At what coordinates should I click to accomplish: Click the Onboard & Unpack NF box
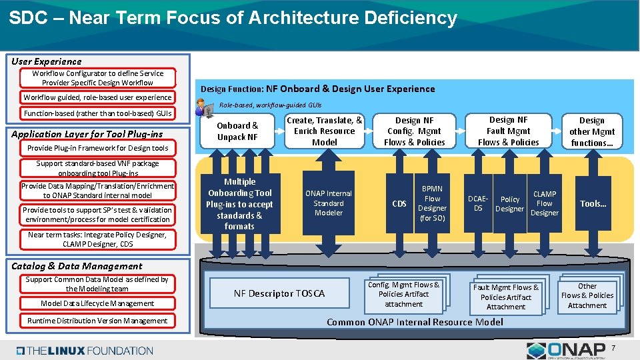[237, 131]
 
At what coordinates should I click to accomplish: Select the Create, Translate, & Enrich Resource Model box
[325, 131]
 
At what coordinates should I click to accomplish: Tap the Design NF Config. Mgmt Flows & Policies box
[414, 131]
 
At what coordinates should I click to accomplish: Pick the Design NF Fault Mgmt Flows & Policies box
[508, 131]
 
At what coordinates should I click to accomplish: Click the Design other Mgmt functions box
[591, 131]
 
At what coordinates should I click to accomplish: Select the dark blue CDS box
[399, 203]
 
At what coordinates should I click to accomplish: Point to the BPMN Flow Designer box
[432, 203]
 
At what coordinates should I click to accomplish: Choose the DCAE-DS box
[478, 203]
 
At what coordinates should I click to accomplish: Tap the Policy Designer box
[509, 203]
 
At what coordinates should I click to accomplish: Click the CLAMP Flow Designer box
[544, 203]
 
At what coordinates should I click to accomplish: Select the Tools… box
[593, 203]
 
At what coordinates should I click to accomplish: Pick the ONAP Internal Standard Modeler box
[329, 203]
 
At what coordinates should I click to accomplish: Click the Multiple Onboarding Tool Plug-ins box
[240, 203]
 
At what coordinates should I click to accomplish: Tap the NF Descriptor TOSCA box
[279, 293]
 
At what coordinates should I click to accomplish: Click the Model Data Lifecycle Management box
[97, 303]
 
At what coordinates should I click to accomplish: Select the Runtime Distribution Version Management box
[97, 321]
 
